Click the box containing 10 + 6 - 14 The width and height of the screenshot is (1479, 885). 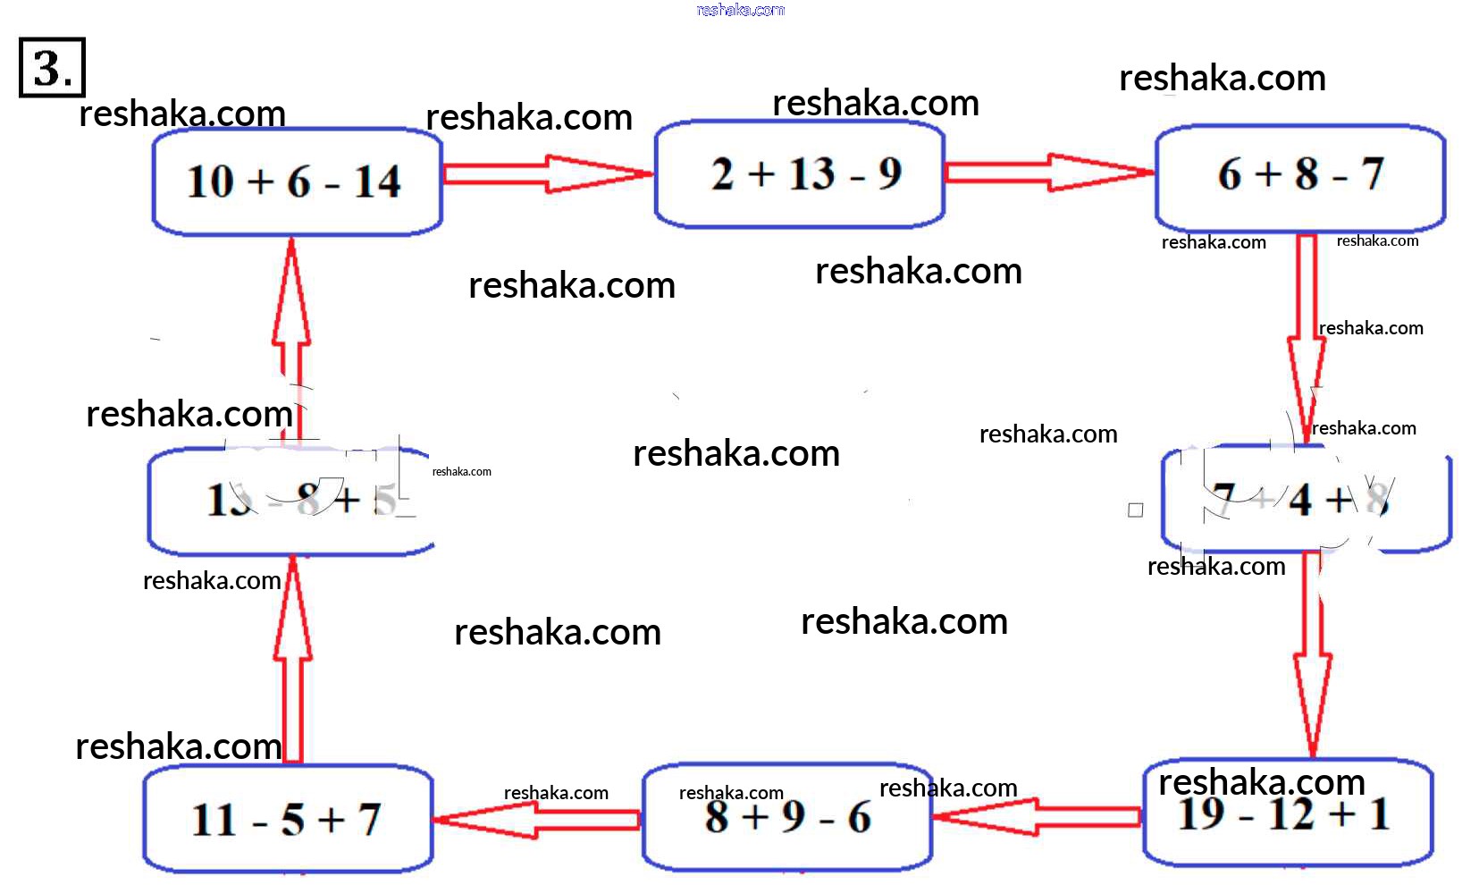(x=297, y=181)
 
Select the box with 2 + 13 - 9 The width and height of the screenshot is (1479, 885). (x=799, y=174)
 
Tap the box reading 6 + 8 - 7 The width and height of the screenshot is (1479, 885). (x=1299, y=176)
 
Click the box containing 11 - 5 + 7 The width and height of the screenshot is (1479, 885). (x=288, y=819)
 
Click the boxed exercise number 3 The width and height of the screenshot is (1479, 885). (x=52, y=67)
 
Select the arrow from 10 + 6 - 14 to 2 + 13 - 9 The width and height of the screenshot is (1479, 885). (x=547, y=173)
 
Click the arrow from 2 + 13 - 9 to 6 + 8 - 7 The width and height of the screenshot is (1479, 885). (x=1047, y=172)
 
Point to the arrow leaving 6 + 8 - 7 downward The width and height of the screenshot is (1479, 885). (x=1307, y=331)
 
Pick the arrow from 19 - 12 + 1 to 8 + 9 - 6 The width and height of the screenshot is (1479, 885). (x=1037, y=816)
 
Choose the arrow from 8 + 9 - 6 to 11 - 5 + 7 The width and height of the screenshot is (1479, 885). (x=536, y=819)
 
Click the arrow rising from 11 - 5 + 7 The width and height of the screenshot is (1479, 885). (x=293, y=662)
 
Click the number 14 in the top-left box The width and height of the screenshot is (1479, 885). (x=377, y=182)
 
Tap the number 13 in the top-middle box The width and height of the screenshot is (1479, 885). (x=811, y=173)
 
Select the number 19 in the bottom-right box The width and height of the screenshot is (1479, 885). (x=1202, y=814)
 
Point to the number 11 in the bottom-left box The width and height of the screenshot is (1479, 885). (x=214, y=820)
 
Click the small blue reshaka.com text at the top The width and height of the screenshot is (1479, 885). (x=740, y=10)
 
